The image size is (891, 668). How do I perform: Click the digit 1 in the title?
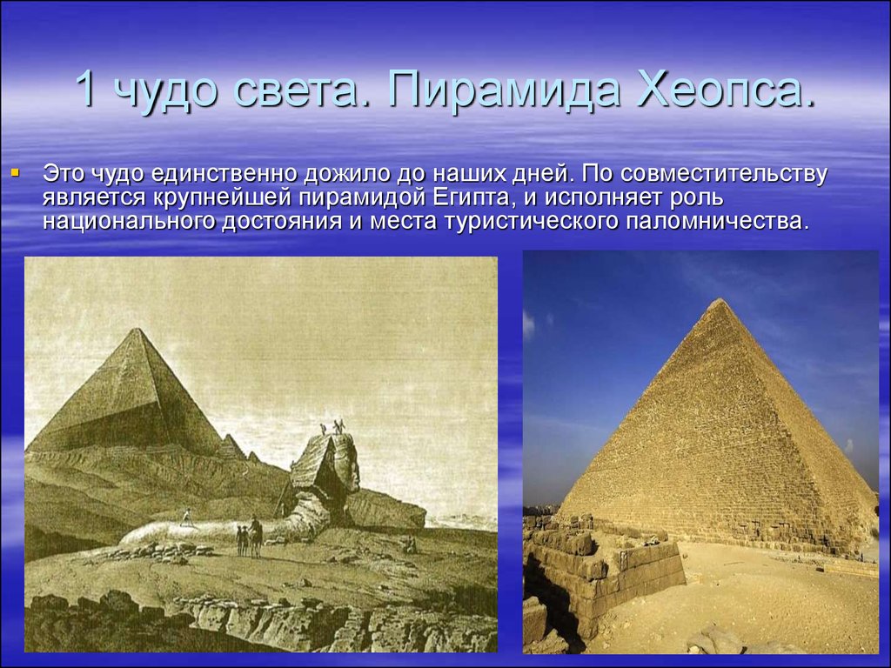(86, 89)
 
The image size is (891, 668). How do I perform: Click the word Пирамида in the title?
(502, 90)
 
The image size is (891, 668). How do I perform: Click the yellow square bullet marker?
(16, 171)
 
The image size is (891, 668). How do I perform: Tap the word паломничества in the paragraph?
(717, 221)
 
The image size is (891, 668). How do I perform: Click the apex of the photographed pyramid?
(720, 299)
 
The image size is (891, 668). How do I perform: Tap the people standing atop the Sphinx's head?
(332, 427)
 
